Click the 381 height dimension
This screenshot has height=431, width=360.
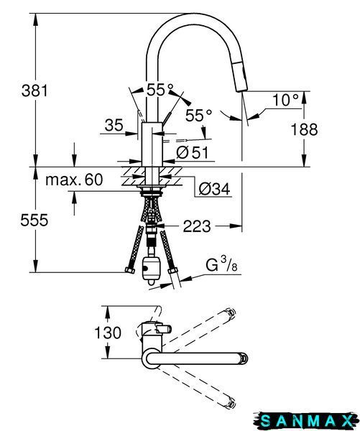pos(34,91)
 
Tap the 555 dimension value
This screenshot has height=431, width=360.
pos(34,220)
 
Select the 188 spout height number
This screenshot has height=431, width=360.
pos(304,129)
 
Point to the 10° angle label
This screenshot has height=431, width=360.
pos(285,100)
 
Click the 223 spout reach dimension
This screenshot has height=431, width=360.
pos(197,226)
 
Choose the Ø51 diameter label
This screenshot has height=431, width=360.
pos(193,152)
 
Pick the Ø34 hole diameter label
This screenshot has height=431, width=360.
pos(215,189)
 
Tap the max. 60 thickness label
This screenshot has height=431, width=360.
pos(74,180)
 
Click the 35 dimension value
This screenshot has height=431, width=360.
pos(114,126)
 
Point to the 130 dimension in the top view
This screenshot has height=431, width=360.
pos(108,333)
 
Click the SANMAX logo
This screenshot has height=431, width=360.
pos(306,421)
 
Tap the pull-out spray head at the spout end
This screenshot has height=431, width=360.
pos(240,76)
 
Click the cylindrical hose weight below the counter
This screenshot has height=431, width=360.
pos(151,269)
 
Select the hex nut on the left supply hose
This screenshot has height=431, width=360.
pos(129,270)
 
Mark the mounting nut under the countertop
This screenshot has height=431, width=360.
pos(150,193)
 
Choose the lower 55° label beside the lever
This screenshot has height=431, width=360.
pos(198,115)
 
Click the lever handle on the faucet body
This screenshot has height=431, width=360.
pos(167,119)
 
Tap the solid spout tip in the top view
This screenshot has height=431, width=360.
pos(244,358)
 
